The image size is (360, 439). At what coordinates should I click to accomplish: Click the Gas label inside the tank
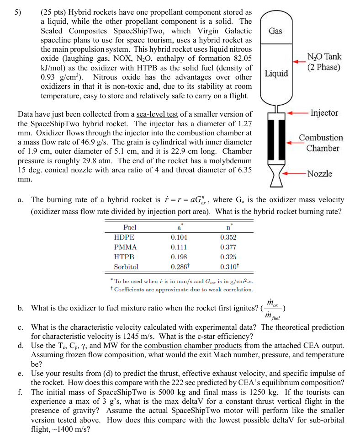[275, 31]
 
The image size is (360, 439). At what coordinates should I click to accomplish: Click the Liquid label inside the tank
[276, 74]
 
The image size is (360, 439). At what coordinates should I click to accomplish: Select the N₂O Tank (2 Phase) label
[324, 62]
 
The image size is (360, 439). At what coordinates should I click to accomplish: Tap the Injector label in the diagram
[324, 112]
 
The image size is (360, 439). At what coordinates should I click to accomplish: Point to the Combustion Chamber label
[321, 143]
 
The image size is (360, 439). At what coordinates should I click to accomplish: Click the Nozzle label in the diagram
[319, 174]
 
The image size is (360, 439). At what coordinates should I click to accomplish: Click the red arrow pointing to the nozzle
[295, 174]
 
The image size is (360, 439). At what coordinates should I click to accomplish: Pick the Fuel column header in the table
[130, 227]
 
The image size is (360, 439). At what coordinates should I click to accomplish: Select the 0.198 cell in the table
[179, 257]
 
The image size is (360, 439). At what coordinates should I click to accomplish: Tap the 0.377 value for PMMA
[228, 247]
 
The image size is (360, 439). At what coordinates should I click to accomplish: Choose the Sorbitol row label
[126, 267]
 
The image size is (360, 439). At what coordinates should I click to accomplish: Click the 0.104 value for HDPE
[179, 237]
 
